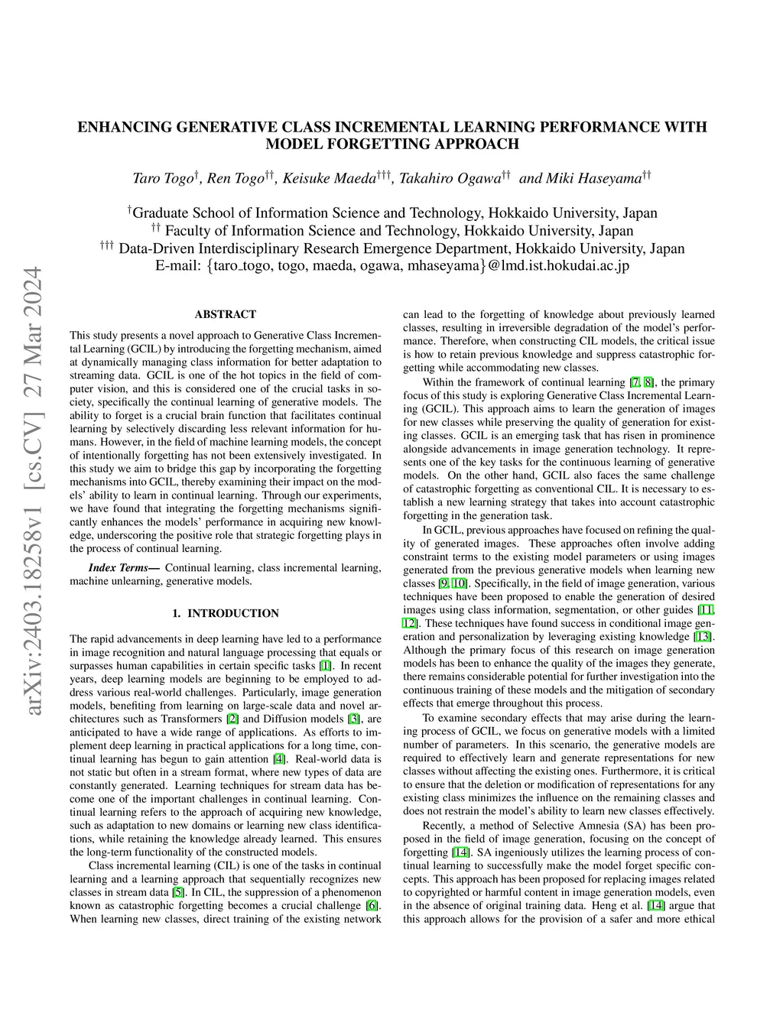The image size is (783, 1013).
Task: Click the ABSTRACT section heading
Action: click(x=225, y=314)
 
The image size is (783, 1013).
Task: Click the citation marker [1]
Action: click(x=325, y=665)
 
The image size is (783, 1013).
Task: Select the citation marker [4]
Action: click(x=280, y=758)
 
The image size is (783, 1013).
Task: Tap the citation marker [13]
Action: click(x=702, y=636)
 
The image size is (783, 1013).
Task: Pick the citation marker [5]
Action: click(x=177, y=892)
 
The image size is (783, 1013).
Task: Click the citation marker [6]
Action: click(x=372, y=905)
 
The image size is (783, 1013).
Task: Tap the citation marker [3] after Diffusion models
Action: click(x=353, y=719)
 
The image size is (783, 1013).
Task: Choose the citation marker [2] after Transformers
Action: click(x=232, y=719)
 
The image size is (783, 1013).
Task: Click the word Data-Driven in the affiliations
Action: click(x=157, y=248)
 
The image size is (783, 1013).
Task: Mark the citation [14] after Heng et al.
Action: click(x=655, y=905)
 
